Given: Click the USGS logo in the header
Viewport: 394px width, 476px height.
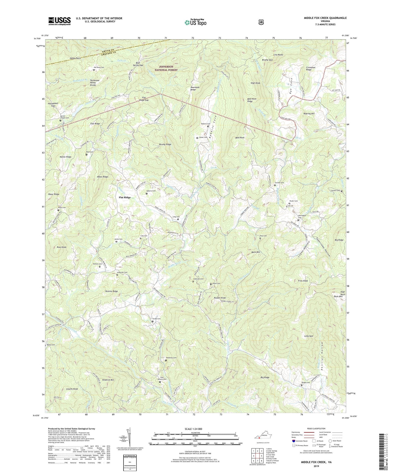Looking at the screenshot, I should point(59,21).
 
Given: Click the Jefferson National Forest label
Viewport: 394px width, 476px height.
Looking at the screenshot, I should point(168,68).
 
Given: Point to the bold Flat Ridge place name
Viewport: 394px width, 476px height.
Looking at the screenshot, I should point(125,197).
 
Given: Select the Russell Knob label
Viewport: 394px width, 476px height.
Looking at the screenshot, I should point(220,298).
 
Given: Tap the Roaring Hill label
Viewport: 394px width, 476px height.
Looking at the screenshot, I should point(309,113).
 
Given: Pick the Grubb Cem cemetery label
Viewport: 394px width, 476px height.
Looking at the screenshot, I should point(156,319).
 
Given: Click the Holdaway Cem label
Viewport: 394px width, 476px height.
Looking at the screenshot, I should point(171,358).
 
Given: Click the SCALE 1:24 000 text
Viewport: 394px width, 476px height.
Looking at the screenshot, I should point(193,429).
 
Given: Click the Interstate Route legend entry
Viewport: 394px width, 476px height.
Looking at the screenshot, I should point(299,441).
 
